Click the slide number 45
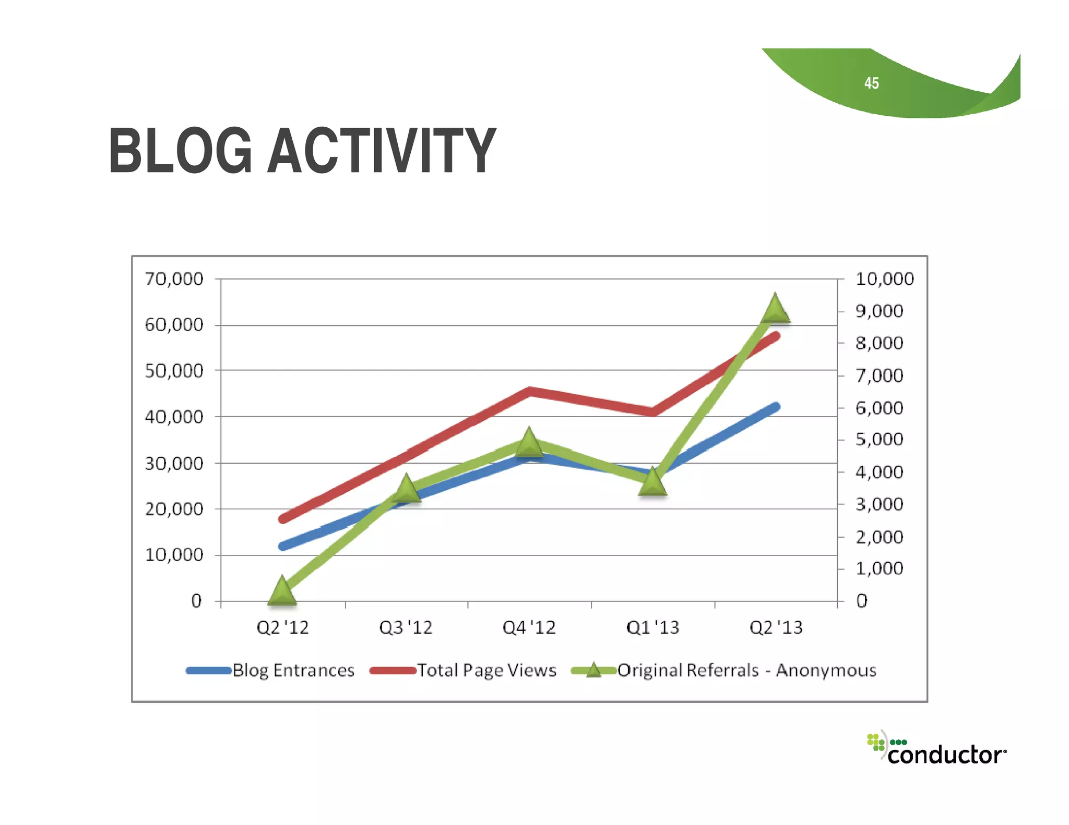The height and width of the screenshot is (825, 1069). coord(871,83)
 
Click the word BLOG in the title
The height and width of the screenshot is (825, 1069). coord(180,151)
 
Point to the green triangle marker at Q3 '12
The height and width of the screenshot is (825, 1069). coord(406,489)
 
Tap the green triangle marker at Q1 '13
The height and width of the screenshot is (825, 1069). coord(652,483)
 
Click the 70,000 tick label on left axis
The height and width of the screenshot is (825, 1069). coord(174,280)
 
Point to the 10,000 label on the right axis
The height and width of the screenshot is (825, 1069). coord(884,280)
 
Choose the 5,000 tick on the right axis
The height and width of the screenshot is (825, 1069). coord(879,440)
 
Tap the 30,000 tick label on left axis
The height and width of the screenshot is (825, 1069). coord(174,464)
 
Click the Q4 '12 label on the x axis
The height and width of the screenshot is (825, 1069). coord(529,627)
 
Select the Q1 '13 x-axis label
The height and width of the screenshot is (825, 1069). coord(652,627)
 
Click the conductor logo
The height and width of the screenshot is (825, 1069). coord(937,750)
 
